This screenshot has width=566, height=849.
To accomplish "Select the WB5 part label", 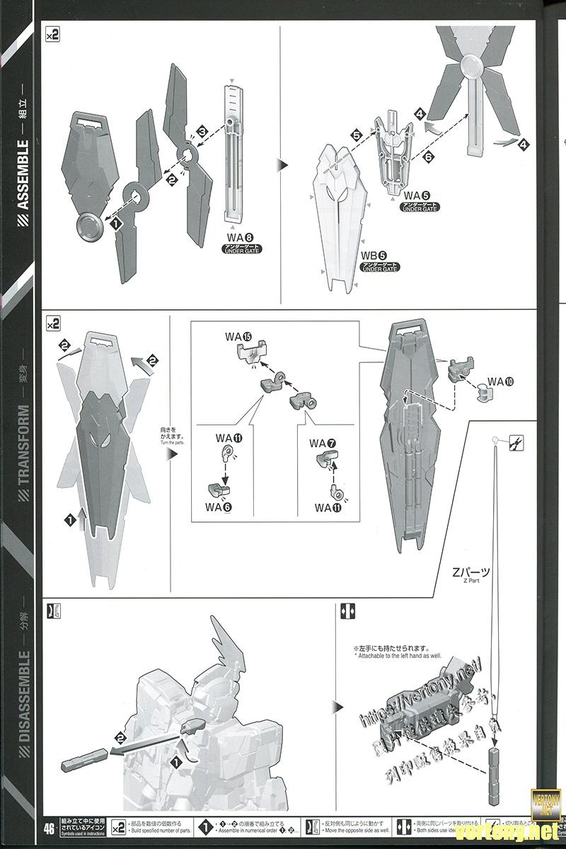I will (x=374, y=255).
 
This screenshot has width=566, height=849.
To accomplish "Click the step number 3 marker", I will (x=202, y=132).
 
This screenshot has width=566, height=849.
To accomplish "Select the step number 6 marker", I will (x=428, y=157).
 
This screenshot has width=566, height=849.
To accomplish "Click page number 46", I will (x=50, y=828).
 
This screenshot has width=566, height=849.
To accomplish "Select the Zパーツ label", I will (x=470, y=572).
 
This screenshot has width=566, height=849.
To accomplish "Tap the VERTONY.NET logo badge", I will (x=545, y=799).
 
